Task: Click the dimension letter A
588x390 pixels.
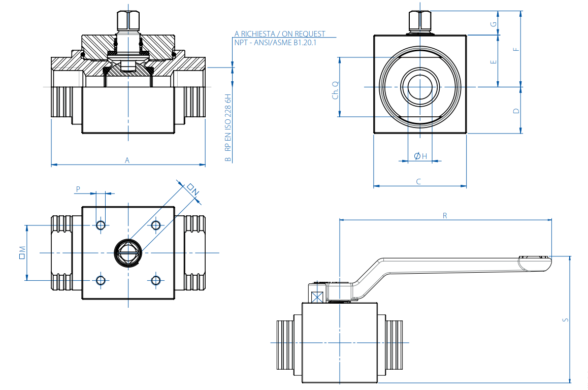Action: tap(127, 160)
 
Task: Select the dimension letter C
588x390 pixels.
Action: tap(418, 181)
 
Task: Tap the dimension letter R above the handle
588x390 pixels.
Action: tap(445, 216)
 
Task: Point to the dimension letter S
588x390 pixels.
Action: tap(565, 319)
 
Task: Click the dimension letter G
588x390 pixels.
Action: tap(493, 24)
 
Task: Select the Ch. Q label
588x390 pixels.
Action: tap(335, 90)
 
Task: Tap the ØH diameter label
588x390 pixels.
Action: tap(420, 156)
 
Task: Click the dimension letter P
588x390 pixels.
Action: tap(78, 189)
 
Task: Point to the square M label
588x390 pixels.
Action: tap(22, 252)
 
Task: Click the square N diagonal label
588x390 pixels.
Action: tap(192, 189)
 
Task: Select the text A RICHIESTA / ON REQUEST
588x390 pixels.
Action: tap(280, 34)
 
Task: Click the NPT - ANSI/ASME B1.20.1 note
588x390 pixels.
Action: tap(275, 43)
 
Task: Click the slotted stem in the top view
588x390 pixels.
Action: tap(127, 252)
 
